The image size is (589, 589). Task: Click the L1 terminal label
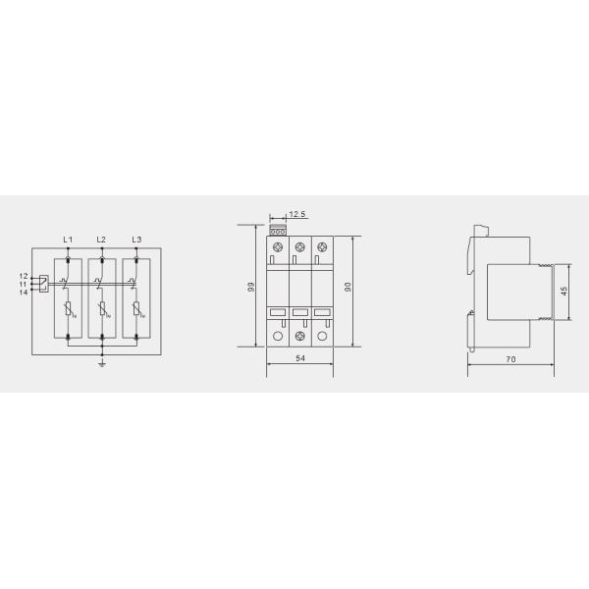coord(67,240)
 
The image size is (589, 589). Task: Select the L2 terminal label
coord(101,240)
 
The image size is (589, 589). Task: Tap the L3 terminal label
coord(136,240)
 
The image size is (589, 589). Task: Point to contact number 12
coord(23,276)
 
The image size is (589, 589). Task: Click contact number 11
coord(23,284)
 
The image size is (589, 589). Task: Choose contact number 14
coord(23,292)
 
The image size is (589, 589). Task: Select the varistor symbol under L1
coord(67,311)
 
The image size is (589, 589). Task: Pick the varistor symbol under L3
coord(136,311)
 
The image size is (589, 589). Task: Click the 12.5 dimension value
coord(296,214)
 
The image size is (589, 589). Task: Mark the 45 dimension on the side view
coord(563,292)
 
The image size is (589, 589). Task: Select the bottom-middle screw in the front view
coord(299,337)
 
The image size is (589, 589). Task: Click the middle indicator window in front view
coord(299,313)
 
